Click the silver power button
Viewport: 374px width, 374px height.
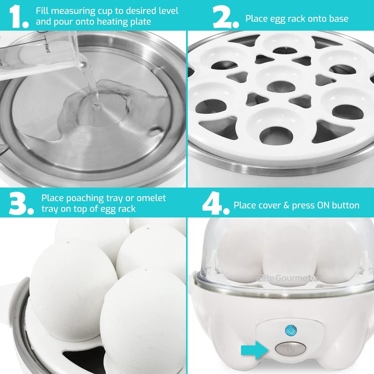[290, 349]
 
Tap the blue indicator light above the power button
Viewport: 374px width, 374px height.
[291, 331]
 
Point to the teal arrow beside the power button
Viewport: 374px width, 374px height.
[255, 350]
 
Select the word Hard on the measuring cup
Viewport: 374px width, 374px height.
[47, 48]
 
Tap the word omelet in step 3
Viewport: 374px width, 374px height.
[151, 198]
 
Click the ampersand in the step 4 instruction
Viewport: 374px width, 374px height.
[286, 205]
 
